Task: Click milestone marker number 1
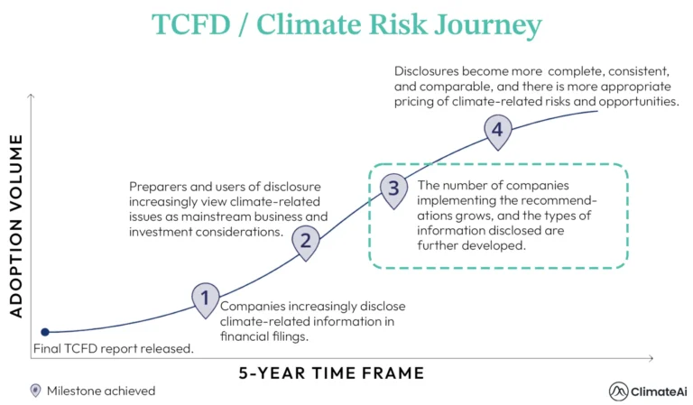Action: (206, 298)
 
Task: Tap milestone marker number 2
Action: (306, 240)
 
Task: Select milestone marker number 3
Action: (392, 188)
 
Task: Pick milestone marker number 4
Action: (495, 130)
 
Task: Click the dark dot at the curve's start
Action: (44, 332)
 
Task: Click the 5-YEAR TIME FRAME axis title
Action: (330, 373)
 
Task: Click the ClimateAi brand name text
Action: (660, 391)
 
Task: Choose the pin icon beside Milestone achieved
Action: (35, 391)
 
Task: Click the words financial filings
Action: (264, 336)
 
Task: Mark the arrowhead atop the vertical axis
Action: (32, 96)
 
